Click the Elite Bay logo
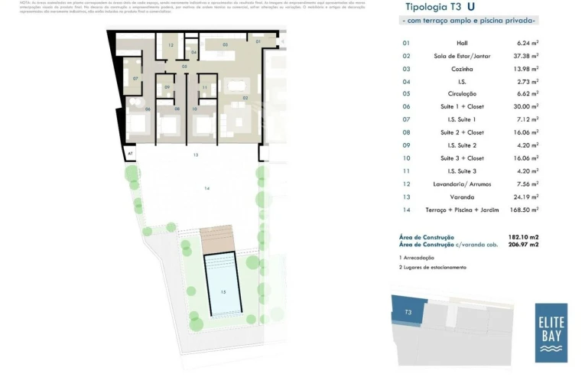(x=551, y=333)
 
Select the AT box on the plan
(x=131, y=153)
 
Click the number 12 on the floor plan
(x=171, y=46)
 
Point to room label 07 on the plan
(x=135, y=79)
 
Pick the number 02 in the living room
(x=245, y=98)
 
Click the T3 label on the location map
(x=408, y=312)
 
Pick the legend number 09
(x=406, y=145)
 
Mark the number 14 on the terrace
(x=206, y=187)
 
